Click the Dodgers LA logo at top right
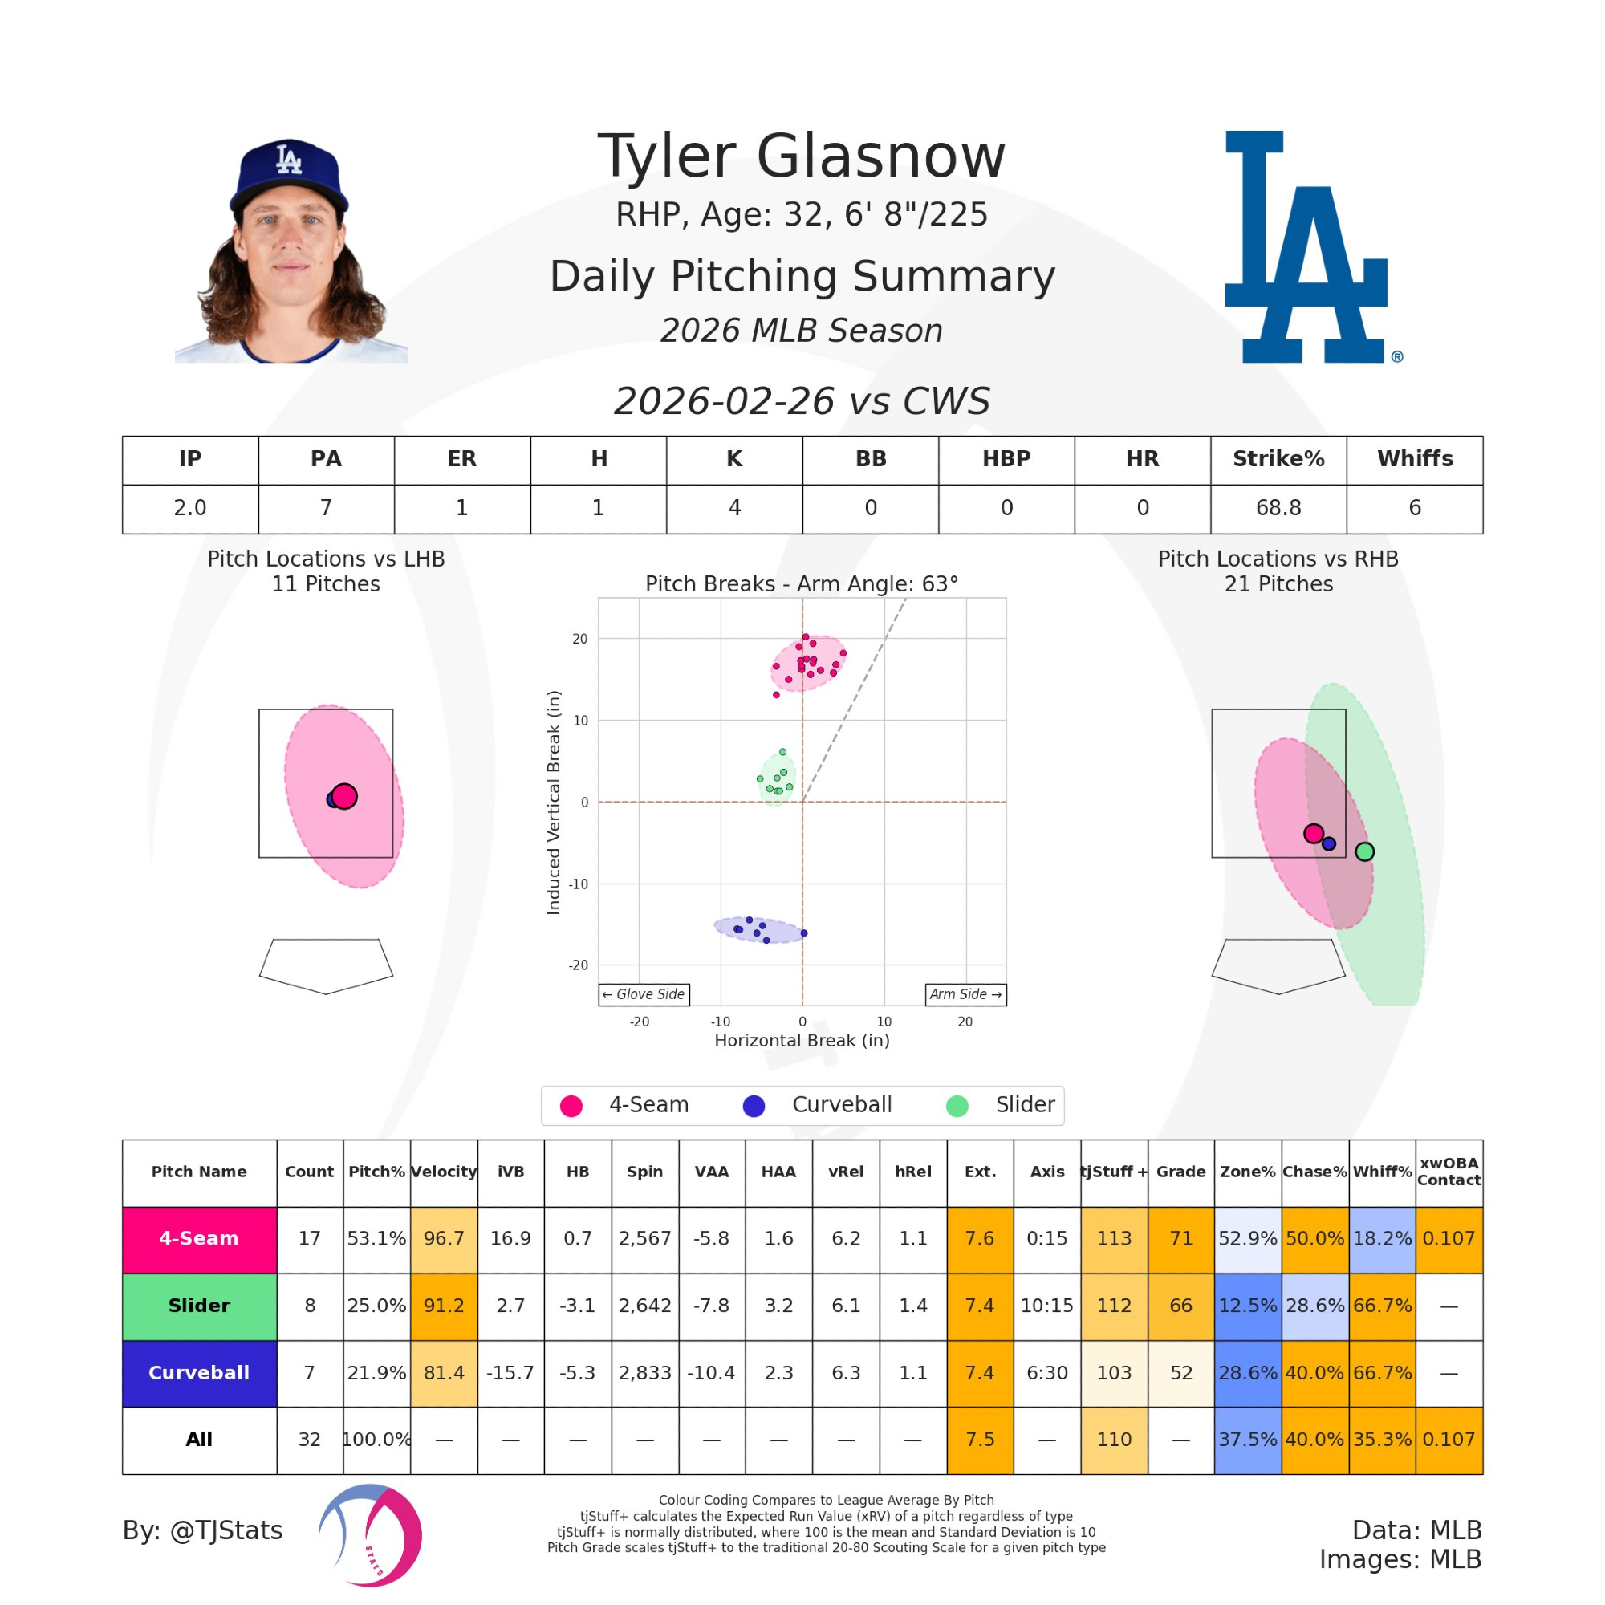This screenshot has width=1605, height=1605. click(1306, 246)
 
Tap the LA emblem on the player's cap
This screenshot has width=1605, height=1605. click(288, 159)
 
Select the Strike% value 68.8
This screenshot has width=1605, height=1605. click(1278, 508)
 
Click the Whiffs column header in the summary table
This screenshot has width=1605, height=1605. click(1414, 459)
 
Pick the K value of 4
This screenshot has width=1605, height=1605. click(734, 508)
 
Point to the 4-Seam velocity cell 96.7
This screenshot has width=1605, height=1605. click(444, 1238)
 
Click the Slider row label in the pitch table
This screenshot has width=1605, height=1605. click(199, 1306)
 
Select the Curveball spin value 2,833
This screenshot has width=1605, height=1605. click(644, 1373)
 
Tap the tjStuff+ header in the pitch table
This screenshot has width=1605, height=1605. click(1113, 1172)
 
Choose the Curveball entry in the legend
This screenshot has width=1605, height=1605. click(841, 1105)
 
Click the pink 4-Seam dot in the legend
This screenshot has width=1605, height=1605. click(571, 1106)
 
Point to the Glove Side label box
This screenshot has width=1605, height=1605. click(644, 994)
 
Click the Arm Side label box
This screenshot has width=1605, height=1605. click(965, 994)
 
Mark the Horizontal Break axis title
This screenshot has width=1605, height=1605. click(802, 1041)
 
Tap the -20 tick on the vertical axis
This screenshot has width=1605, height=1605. click(578, 965)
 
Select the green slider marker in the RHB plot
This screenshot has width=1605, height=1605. click(1364, 851)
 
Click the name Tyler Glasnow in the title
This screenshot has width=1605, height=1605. click(802, 156)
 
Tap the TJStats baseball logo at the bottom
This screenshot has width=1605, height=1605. click(371, 1534)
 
